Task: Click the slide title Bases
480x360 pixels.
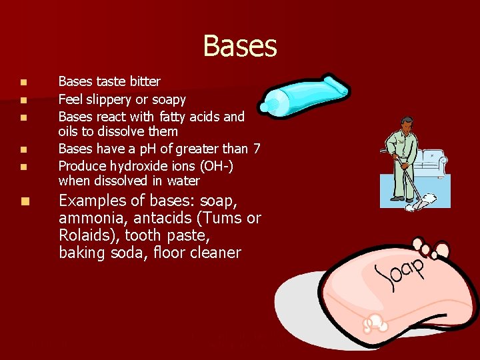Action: tap(240, 46)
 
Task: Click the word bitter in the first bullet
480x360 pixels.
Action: tap(145, 82)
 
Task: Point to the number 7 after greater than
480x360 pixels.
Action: tap(256, 148)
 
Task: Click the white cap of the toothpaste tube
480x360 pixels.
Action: tap(271, 105)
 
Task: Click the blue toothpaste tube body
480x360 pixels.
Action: tap(310, 94)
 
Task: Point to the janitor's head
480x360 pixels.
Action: tap(407, 125)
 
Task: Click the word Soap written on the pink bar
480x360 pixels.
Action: tap(400, 273)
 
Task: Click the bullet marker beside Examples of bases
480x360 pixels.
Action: tap(23, 201)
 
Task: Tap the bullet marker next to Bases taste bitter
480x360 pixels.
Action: tap(23, 83)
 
